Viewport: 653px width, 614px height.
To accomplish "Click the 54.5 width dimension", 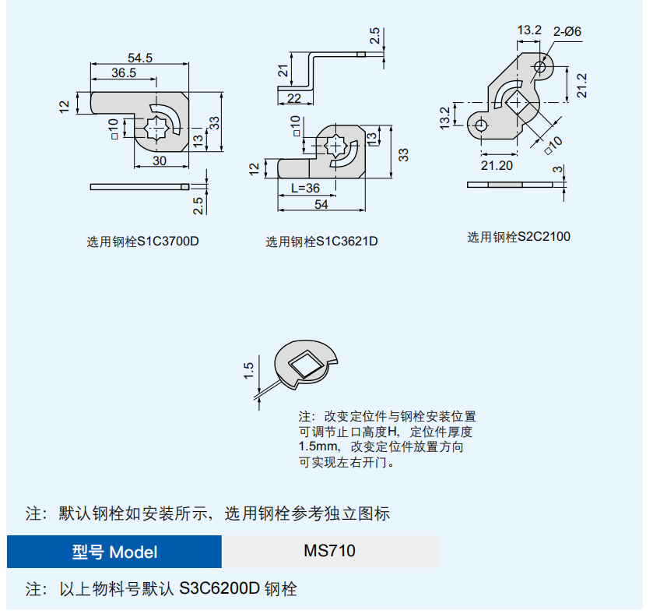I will tap(140, 57).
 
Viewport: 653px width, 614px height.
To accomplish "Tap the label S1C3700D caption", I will tap(142, 242).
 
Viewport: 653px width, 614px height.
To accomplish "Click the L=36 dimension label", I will tap(305, 188).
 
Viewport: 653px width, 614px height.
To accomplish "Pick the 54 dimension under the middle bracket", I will tap(320, 203).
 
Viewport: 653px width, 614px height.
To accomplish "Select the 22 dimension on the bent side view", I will tap(294, 97).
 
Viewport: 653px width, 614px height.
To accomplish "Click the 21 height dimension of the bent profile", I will tap(283, 72).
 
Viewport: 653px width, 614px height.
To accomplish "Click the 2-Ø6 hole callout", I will tap(567, 31).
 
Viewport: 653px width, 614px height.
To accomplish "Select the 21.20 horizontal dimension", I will tap(497, 164).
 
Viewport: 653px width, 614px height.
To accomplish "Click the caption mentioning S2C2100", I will tap(518, 236).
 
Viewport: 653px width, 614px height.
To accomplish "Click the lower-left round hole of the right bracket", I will tap(482, 125).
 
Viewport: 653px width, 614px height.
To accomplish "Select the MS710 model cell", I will tap(330, 551).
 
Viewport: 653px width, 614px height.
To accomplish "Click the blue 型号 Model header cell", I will tap(114, 552).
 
